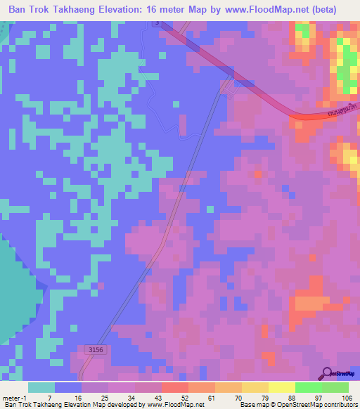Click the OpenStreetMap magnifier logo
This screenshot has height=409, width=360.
[327, 373]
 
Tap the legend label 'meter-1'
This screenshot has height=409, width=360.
[15, 397]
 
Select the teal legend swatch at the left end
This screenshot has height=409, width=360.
[41, 387]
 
